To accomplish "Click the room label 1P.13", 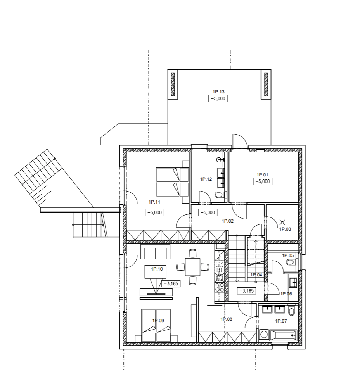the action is tap(218, 92).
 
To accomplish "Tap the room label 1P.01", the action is tap(262, 175).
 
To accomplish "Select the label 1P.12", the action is tap(206, 179).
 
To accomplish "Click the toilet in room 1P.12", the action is tap(220, 195).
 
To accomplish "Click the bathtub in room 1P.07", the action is tap(284, 335).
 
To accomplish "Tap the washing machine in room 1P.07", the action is tap(264, 335).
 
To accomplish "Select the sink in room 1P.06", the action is tap(293, 282).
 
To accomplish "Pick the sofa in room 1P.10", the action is tap(156, 252).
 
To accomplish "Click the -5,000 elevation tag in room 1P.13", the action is tap(218, 98).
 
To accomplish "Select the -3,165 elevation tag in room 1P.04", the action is tap(247, 290).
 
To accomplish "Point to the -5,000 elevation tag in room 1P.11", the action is tap(155, 212).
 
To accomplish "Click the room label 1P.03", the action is tap(285, 229).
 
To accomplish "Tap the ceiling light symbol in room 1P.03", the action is tap(282, 222).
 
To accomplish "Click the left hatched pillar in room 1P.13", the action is tap(173, 84).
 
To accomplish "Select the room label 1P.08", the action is tap(226, 319).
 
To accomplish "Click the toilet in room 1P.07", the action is tap(292, 311).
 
